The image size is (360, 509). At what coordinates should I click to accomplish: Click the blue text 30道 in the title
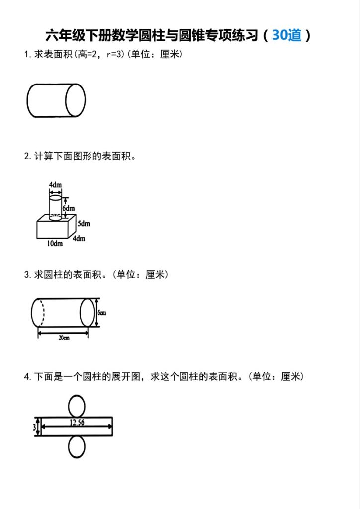pyautogui.click(x=287, y=36)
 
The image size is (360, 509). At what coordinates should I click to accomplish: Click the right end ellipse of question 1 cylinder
pyautogui.click(x=76, y=100)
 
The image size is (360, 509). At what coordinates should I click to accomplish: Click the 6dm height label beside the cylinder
pyautogui.click(x=69, y=208)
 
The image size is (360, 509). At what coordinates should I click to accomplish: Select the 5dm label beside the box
pyautogui.click(x=84, y=224)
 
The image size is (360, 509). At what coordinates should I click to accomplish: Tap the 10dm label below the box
pyautogui.click(x=55, y=244)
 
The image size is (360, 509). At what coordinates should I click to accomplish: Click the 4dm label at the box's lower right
pyautogui.click(x=79, y=239)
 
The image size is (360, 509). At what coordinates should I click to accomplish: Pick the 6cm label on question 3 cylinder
pyautogui.click(x=102, y=313)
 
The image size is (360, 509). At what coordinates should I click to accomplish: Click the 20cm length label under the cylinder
pyautogui.click(x=63, y=338)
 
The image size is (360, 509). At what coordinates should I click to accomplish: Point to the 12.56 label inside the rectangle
pyautogui.click(x=77, y=423)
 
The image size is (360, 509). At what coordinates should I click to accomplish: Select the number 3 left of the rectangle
pyautogui.click(x=34, y=426)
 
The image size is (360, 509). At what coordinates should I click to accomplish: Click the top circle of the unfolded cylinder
pyautogui.click(x=77, y=405)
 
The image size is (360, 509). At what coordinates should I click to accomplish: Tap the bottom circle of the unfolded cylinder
pyautogui.click(x=77, y=447)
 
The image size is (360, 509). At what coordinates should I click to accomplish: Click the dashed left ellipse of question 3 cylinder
pyautogui.click(x=38, y=313)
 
